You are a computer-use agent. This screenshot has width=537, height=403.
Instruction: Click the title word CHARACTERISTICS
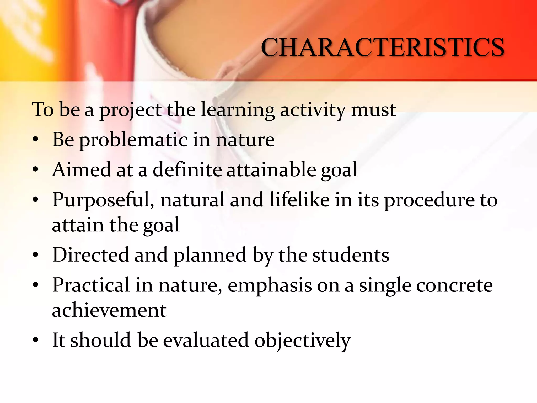pos(382,47)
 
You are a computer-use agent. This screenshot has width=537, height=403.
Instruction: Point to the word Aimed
pos(81,170)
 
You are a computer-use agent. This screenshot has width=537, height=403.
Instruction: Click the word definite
pos(187,170)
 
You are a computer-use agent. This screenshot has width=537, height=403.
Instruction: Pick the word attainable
pos(271,170)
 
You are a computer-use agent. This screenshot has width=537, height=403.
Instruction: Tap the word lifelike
pos(299,200)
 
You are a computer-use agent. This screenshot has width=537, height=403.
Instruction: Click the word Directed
pos(91,255)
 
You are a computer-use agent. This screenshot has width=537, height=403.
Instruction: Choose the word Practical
pos(91,285)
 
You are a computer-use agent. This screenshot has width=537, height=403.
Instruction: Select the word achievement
pos(109,310)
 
